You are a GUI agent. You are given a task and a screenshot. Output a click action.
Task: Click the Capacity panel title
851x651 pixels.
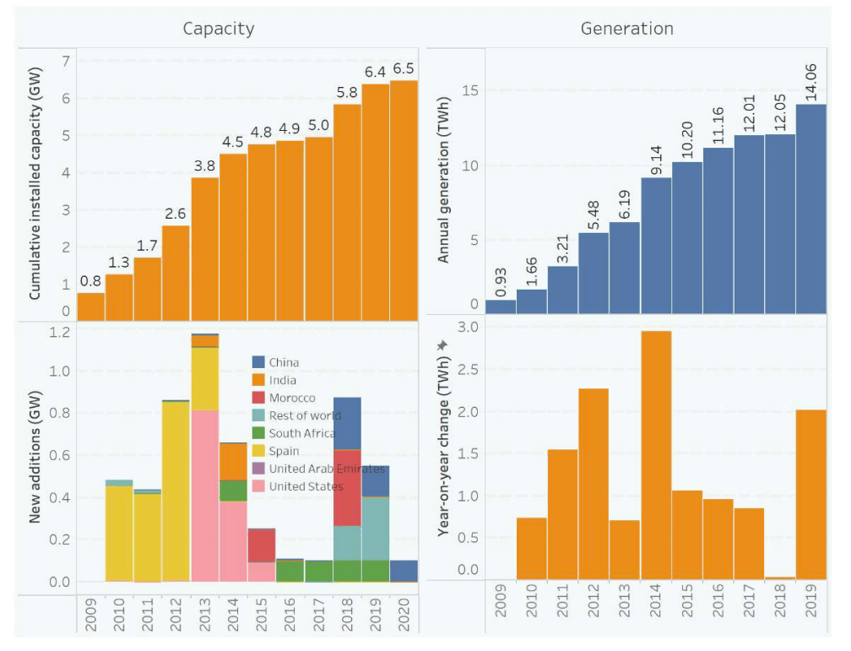219,29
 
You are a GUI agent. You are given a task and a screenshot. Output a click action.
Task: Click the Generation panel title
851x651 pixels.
626,29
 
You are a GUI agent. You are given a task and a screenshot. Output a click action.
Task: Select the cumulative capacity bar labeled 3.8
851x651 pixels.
205,249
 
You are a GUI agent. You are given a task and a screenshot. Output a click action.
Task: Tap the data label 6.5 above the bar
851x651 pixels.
404,68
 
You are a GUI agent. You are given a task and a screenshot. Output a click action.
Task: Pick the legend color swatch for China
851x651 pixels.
259,362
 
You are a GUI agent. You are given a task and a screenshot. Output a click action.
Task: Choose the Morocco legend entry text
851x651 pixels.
292,398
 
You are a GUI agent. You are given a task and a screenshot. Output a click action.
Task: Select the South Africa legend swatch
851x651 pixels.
259,433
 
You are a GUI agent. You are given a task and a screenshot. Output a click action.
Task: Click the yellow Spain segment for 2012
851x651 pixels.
176,490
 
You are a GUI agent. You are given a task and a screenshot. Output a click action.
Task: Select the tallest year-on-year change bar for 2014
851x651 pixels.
656,455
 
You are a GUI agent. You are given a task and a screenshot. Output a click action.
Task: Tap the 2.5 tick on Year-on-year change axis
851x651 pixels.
468,370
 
